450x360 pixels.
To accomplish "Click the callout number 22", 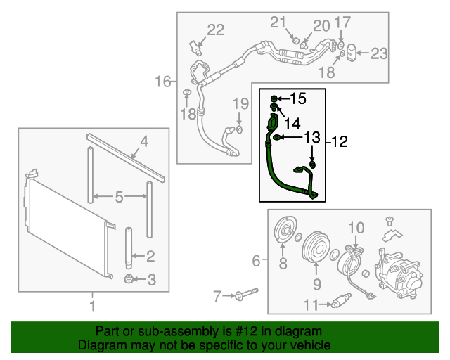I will point(215,30).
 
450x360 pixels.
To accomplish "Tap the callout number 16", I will point(163,82).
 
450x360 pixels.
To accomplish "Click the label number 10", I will point(356,228).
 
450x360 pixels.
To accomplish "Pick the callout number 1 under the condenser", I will point(91,306).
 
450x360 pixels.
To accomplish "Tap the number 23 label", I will point(378,53).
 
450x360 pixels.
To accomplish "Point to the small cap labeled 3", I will point(129,281).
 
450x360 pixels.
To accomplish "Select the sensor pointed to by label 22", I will point(197,46).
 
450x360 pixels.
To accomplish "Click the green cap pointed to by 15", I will point(275,98).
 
